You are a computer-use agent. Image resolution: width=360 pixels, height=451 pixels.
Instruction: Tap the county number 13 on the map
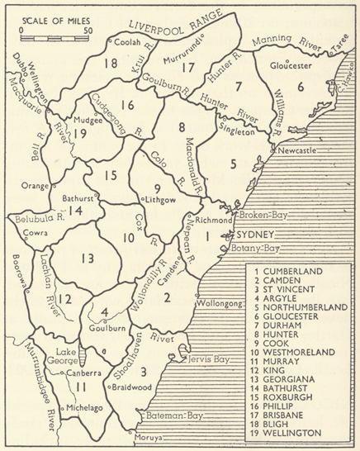tap(88, 259)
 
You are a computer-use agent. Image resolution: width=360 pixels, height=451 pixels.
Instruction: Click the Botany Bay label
tap(258, 248)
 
